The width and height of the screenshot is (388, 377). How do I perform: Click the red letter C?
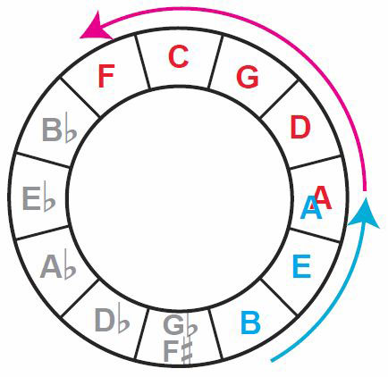click(x=179, y=56)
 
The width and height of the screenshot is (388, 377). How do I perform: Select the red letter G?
click(x=248, y=77)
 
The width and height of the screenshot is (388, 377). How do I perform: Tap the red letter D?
click(x=300, y=128)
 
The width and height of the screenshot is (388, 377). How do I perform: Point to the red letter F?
click(x=106, y=77)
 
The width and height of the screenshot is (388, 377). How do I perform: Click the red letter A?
click(x=322, y=197)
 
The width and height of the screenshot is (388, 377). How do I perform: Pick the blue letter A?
click(x=311, y=207)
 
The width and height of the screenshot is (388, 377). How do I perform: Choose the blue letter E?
click(x=301, y=266)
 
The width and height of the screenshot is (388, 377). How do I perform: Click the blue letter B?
click(x=250, y=323)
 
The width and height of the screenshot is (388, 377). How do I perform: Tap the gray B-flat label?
click(x=59, y=128)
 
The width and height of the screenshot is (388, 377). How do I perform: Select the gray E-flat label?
click(x=38, y=197)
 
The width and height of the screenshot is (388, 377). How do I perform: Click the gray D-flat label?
click(x=112, y=318)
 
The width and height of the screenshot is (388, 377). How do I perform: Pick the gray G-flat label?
click(x=181, y=324)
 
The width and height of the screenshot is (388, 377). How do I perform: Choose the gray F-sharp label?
click(x=179, y=351)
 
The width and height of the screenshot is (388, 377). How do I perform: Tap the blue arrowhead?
click(x=364, y=213)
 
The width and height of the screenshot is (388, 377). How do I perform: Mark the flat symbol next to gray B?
click(x=71, y=128)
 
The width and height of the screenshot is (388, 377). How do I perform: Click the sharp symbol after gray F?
click(x=187, y=351)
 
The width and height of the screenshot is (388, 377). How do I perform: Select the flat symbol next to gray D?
click(x=123, y=318)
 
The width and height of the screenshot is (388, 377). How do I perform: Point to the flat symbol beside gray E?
click(x=49, y=197)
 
